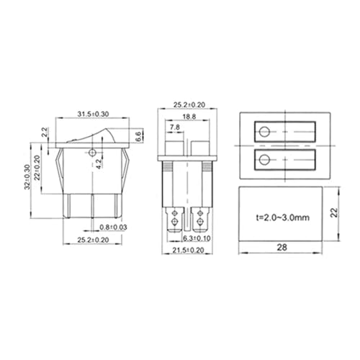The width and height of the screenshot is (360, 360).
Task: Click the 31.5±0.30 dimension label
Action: [x=93, y=114]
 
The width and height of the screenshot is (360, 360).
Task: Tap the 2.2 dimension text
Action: [x=45, y=132]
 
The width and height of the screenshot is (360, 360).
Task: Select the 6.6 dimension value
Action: [x=138, y=136]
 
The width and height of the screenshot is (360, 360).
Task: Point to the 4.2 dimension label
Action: [x=99, y=164]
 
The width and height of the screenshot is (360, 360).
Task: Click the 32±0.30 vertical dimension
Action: [x=27, y=177]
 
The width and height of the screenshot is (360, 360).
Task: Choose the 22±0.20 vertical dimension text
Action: [x=37, y=168]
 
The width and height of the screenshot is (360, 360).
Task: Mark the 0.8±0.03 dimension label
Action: [x=113, y=227]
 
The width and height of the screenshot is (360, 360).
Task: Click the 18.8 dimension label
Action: [x=189, y=117]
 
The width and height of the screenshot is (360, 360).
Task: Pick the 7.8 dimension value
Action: [x=175, y=127]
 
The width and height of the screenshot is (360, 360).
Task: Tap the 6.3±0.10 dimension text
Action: [x=197, y=238]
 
